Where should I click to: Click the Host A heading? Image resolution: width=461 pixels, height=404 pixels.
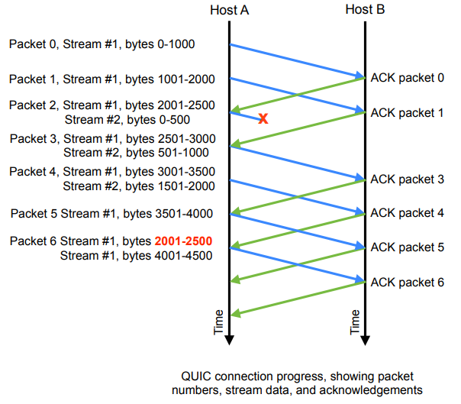[x=229, y=10]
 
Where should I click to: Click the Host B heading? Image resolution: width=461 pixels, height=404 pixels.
[x=366, y=10]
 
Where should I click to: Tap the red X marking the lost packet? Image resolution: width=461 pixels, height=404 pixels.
[x=263, y=118]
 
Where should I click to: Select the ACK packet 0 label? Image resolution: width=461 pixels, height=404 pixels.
[x=407, y=77]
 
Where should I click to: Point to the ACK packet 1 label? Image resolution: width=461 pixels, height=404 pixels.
[x=407, y=112]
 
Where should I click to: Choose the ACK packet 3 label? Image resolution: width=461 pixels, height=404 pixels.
[x=407, y=179]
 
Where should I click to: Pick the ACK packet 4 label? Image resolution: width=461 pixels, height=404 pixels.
[x=407, y=213]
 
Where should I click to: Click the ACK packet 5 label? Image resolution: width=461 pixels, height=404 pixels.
[x=407, y=247]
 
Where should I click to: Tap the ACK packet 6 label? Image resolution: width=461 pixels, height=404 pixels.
[x=407, y=282]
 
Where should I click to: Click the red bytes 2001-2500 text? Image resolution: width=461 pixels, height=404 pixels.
[x=183, y=241]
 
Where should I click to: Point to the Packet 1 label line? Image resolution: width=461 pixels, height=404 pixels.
[x=111, y=79]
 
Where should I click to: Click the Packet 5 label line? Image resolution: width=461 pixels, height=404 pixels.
[x=111, y=213]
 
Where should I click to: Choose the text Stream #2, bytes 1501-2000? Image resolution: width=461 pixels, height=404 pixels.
[x=138, y=186]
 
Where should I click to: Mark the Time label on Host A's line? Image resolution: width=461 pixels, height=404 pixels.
[x=219, y=322]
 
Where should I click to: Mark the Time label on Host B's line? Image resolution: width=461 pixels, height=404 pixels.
[x=355, y=322]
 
